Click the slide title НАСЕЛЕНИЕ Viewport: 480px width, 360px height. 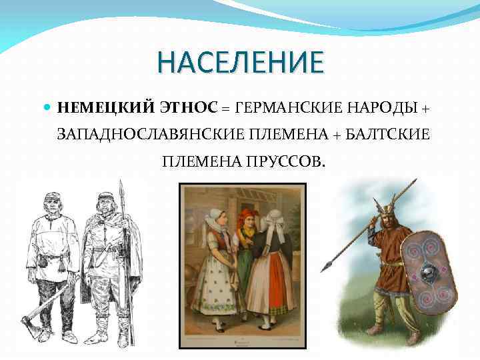click(240, 63)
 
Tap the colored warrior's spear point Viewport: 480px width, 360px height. click(327, 268)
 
